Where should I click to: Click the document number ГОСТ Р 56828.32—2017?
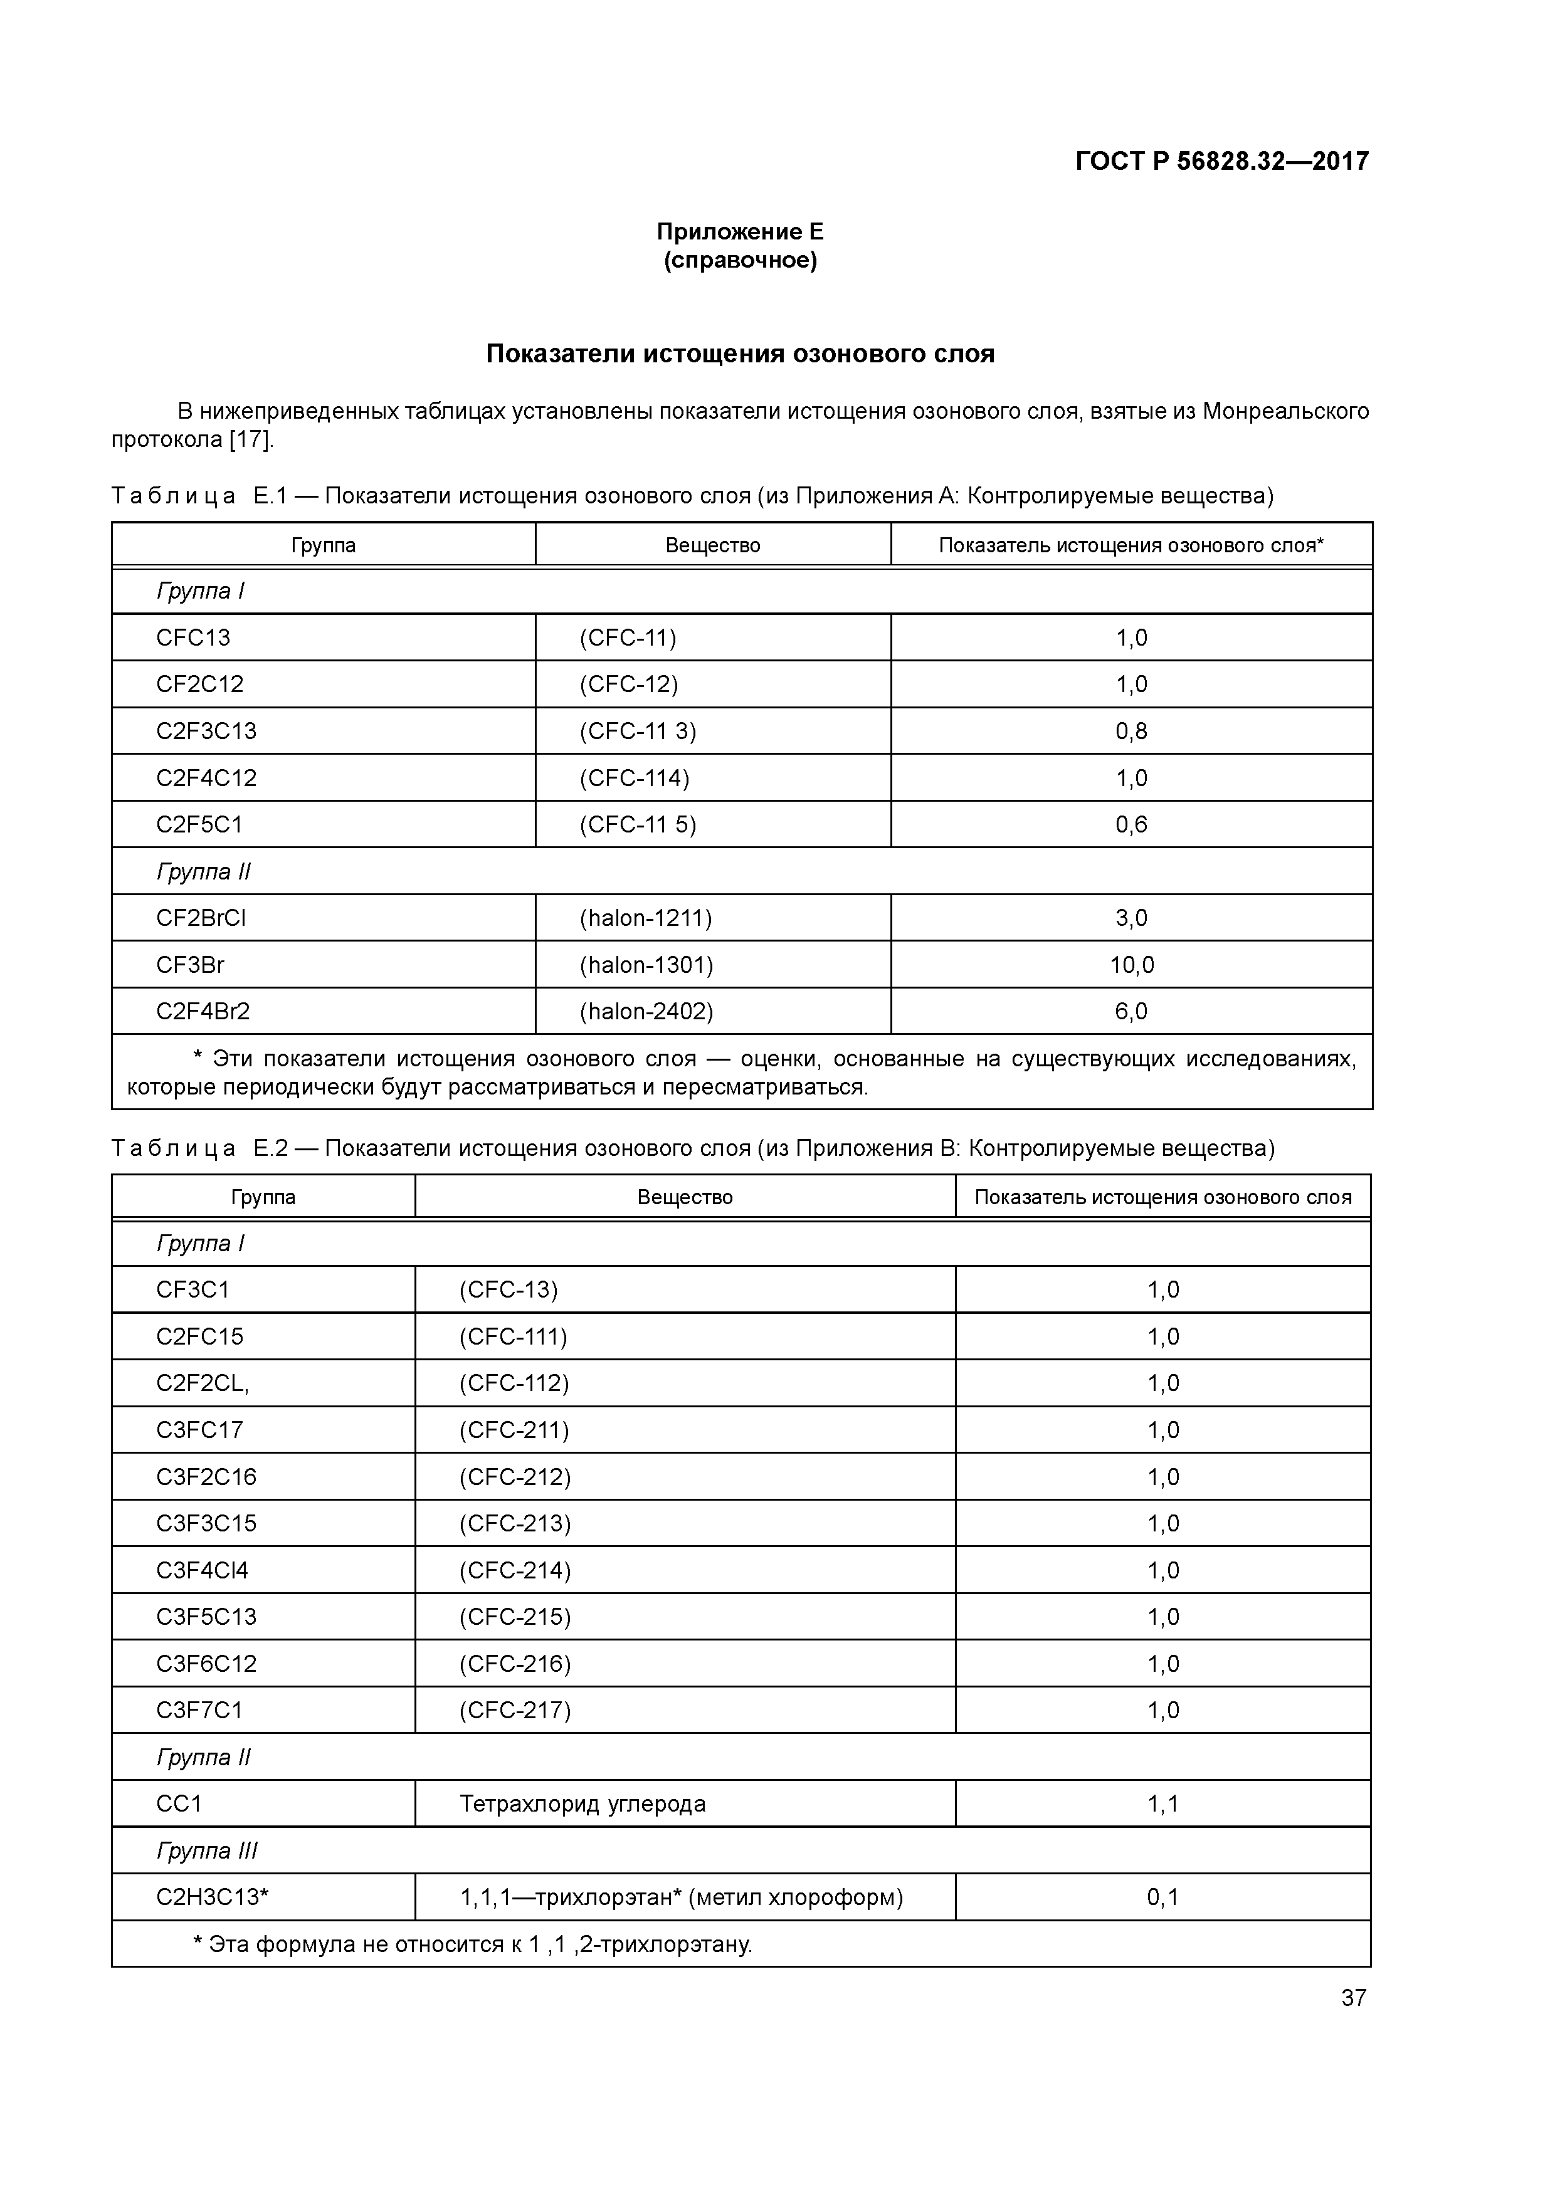[x=1221, y=161]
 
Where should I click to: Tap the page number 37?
[x=1353, y=1997]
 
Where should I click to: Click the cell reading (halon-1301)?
[x=646, y=965]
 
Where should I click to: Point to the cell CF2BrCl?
[x=201, y=918]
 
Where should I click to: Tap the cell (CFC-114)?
[x=635, y=778]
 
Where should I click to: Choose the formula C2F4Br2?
[x=203, y=1011]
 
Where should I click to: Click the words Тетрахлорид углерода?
[x=582, y=1803]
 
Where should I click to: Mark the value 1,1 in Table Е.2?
[x=1162, y=1803]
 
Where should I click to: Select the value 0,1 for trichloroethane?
[x=1162, y=1896]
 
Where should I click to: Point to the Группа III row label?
[x=207, y=1850]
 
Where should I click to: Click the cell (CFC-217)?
[x=515, y=1709]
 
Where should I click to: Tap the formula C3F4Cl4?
[x=202, y=1570]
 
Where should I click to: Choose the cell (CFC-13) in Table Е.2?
[x=508, y=1289]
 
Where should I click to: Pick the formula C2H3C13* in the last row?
[x=212, y=1896]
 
